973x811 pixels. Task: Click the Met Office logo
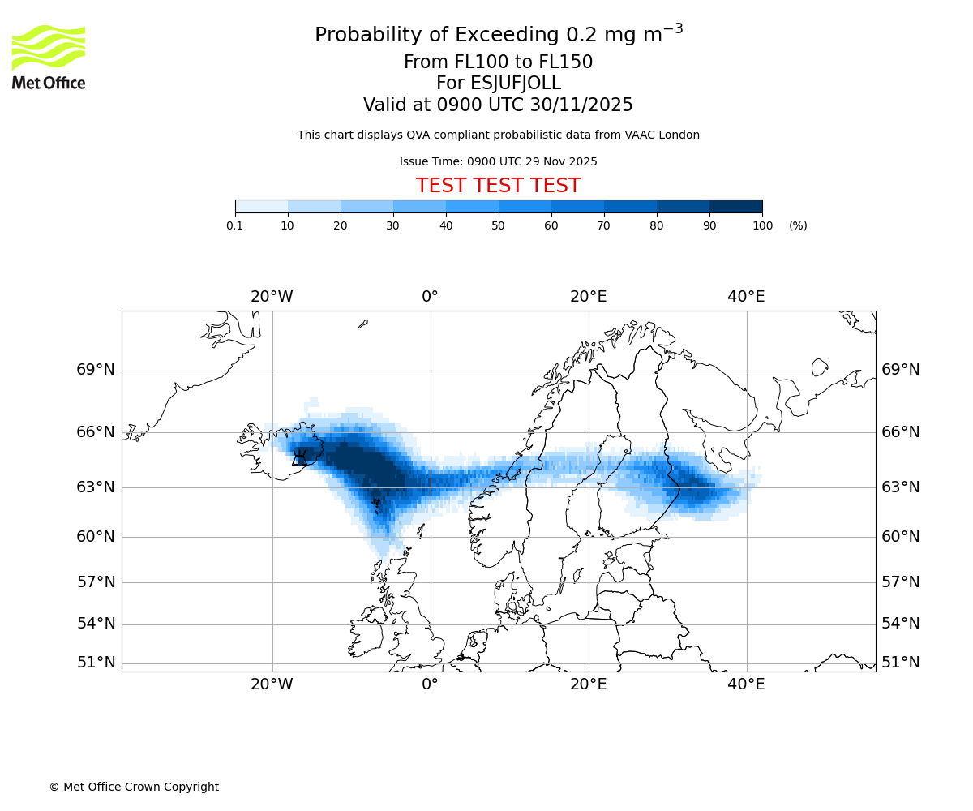49,57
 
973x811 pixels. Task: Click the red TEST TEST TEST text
498,186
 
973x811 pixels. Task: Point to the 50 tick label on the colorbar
499,225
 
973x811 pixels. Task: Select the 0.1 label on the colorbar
235,225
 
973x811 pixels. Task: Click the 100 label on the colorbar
762,225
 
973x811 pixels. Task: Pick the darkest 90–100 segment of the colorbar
735,206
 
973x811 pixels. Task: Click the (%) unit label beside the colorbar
798,225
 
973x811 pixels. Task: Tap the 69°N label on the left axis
96,370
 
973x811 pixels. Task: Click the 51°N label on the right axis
901,663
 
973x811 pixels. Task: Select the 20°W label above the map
272,297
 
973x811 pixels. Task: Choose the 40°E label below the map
746,684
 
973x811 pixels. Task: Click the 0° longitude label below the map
430,684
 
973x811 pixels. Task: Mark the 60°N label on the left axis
96,536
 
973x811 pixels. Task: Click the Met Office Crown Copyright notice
134,787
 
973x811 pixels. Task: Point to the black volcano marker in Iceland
299,458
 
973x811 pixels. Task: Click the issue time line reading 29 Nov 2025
498,161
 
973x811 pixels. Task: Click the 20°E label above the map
588,297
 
